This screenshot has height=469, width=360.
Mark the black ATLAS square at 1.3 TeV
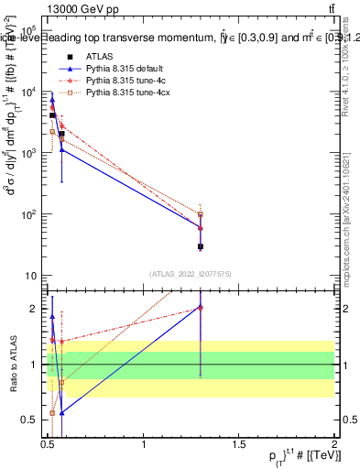click(201, 246)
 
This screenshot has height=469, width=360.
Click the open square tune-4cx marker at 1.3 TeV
click(201, 215)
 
